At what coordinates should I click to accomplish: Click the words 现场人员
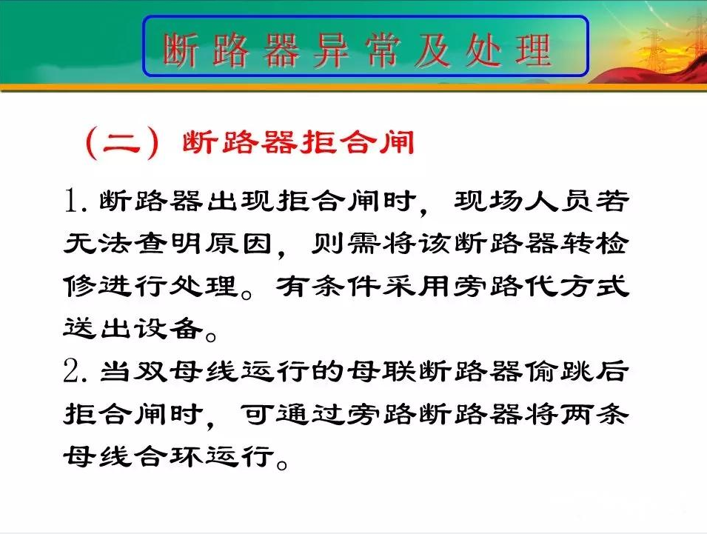523,200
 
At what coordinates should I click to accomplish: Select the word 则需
346,244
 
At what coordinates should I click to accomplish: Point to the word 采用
416,286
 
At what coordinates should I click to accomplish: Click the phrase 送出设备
133,328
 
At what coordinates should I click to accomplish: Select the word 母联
381,372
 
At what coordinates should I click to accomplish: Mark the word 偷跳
559,372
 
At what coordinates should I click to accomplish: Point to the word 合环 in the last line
168,456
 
